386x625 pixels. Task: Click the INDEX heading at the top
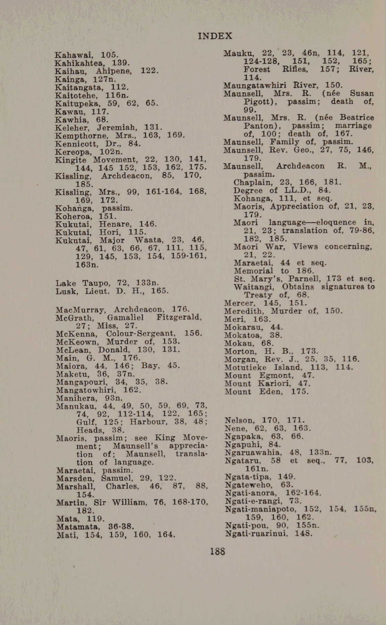click(215, 36)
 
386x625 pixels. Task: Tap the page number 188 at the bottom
click(217, 551)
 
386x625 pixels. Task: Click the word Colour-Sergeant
click(141, 334)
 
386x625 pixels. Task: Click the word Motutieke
click(245, 368)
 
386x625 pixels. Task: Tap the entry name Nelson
click(239, 420)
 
